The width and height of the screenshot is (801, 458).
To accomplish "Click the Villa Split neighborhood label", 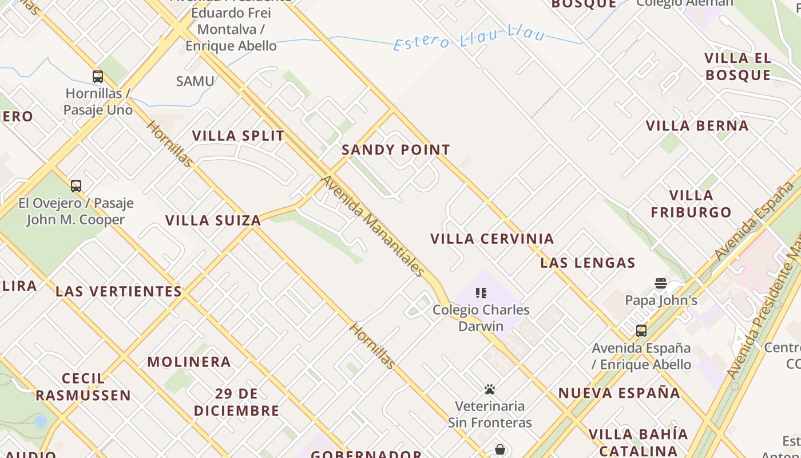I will [238, 136].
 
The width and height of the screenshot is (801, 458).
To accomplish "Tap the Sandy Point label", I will [396, 150].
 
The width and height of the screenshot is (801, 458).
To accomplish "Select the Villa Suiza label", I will [213, 220].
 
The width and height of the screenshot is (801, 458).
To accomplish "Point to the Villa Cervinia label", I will [492, 239].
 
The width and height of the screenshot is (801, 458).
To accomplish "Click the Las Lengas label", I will [588, 263].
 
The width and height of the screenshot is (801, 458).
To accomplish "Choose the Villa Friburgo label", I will [691, 204].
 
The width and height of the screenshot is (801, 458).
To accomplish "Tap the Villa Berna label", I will [697, 126].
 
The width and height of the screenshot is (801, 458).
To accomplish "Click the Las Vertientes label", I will [118, 291].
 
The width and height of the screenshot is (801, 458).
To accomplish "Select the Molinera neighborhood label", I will [189, 362].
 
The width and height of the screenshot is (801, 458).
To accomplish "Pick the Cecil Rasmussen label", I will [84, 387].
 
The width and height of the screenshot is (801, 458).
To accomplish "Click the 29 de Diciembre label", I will [236, 402].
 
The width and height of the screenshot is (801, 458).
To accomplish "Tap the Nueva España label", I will [619, 393].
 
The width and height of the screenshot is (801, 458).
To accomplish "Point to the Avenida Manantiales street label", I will [374, 226].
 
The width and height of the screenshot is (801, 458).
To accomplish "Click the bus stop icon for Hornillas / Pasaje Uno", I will [98, 77].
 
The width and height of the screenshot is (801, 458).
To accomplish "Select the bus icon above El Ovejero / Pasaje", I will [76, 186].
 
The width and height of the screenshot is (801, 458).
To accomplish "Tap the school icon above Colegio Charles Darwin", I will [481, 293].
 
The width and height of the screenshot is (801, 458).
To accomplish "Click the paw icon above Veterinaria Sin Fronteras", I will [490, 389].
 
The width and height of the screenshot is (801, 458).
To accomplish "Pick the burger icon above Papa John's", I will [661, 283].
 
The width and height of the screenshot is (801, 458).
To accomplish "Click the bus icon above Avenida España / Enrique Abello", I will [641, 331].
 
